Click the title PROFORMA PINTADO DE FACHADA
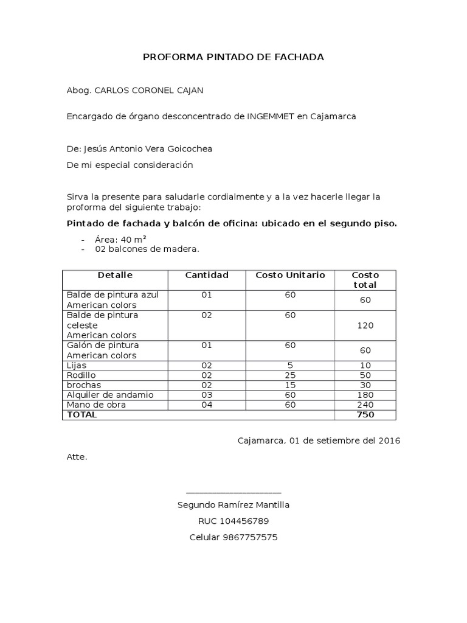(x=233, y=57)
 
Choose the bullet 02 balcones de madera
(x=147, y=249)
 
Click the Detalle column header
(x=115, y=276)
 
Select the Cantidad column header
(x=207, y=276)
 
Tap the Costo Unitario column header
(x=290, y=276)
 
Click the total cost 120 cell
(x=365, y=325)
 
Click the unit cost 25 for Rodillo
(x=290, y=375)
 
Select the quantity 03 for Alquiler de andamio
(x=207, y=395)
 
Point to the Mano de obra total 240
(x=365, y=405)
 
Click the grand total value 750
(x=365, y=415)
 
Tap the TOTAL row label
(x=81, y=415)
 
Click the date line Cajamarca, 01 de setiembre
(x=319, y=440)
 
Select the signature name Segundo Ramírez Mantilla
(x=233, y=505)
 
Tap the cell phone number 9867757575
(x=251, y=538)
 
